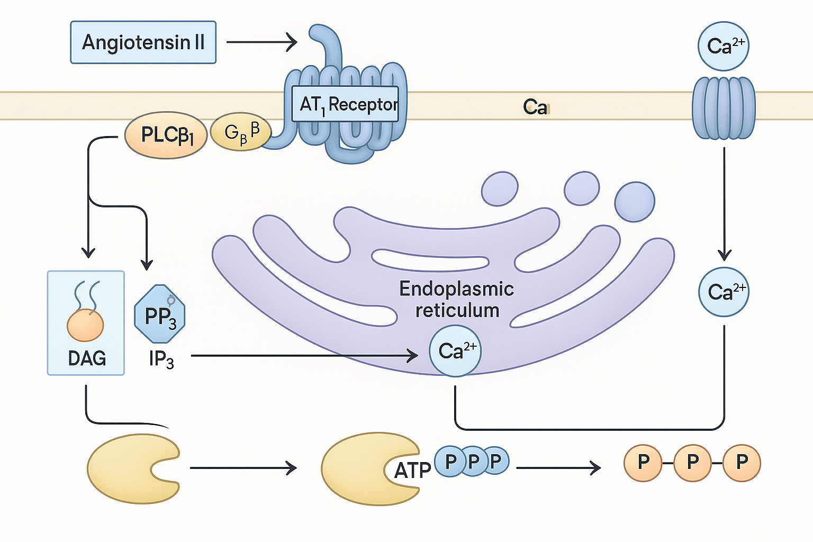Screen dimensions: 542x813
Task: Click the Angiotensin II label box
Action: (143, 42)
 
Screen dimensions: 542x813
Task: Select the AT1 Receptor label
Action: (346, 104)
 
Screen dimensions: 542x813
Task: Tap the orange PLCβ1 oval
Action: (166, 135)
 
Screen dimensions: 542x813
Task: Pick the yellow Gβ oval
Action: (241, 132)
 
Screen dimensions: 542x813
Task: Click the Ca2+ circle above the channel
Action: (724, 46)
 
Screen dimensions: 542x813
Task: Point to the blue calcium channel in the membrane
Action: (724, 107)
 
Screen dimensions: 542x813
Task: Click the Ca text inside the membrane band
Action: (535, 107)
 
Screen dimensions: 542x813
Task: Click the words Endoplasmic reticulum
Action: (457, 299)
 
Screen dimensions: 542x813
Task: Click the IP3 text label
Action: (161, 359)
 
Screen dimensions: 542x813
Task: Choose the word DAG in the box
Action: (87, 358)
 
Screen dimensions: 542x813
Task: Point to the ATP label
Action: (412, 470)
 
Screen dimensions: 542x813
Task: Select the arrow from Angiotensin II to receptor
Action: (261, 42)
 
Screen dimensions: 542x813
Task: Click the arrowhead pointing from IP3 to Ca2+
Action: (412, 356)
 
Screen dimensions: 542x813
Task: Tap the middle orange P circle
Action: (693, 463)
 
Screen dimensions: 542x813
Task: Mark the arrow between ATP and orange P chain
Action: (558, 468)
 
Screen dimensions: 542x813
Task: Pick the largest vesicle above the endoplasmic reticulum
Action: (634, 202)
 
